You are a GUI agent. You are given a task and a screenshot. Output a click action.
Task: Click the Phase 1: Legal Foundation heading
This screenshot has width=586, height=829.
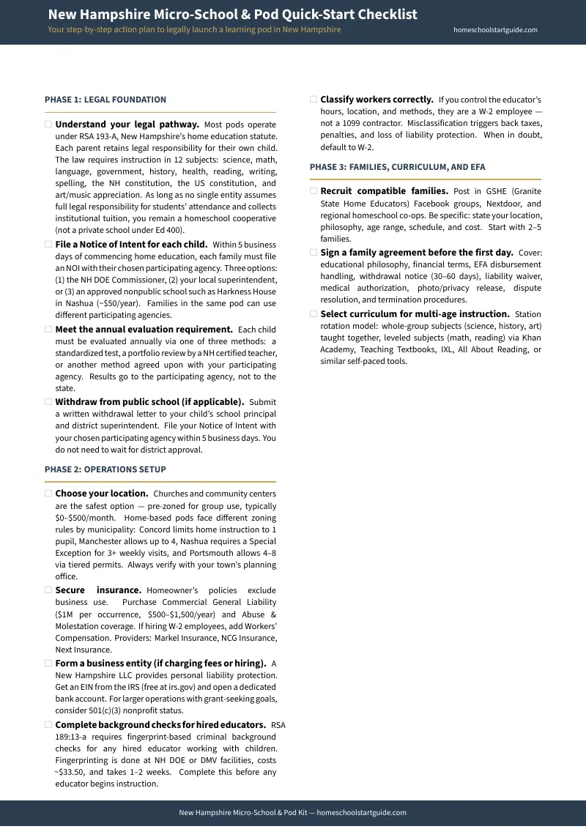point(105,100)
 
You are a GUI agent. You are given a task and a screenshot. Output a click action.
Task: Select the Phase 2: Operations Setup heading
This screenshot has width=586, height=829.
point(105,469)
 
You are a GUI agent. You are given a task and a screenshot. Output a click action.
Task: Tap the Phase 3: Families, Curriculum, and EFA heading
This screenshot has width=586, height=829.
point(397,167)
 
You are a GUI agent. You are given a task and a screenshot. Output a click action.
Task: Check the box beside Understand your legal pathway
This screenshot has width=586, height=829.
point(48,124)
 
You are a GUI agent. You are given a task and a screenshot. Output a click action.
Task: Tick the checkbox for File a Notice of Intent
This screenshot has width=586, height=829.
point(48,245)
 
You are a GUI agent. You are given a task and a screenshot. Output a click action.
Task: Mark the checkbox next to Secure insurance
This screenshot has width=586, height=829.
point(48,590)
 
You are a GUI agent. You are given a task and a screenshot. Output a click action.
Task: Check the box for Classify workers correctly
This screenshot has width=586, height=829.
point(314,100)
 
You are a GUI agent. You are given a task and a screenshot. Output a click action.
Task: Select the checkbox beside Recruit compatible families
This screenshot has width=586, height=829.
point(314,191)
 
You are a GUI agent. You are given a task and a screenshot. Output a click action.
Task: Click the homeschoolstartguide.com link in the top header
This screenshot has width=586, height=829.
point(495,30)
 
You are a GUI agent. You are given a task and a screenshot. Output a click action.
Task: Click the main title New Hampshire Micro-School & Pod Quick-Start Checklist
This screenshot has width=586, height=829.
point(232,15)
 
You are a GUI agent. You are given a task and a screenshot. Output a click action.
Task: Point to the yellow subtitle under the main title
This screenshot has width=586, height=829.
point(194,30)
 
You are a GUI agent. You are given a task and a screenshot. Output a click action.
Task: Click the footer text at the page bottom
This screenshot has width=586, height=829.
point(292,813)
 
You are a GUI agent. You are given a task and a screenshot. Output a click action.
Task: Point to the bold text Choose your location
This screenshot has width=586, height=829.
point(102,494)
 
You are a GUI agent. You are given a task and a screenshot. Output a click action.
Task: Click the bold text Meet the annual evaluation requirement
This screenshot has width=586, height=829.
point(144,330)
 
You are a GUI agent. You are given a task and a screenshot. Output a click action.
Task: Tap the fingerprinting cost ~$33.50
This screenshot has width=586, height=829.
point(70,773)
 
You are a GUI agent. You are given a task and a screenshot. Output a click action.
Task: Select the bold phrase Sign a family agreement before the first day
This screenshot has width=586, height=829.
point(416,253)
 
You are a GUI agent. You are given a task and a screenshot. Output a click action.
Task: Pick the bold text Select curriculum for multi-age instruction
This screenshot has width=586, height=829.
point(415,314)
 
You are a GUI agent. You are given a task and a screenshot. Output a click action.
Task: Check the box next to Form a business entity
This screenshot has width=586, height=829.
point(48,663)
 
